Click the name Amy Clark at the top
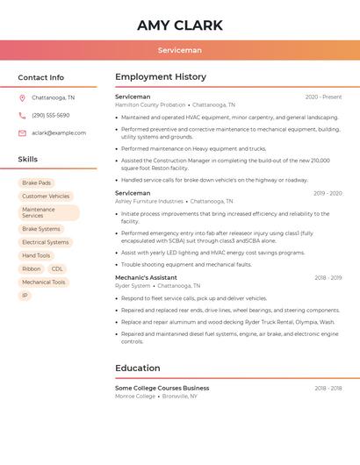[179, 25]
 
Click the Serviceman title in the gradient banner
[179, 50]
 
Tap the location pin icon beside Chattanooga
[22, 98]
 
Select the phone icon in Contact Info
[22, 116]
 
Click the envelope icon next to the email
[22, 133]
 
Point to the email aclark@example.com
[59, 133]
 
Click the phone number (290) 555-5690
[50, 116]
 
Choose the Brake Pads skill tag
[36, 183]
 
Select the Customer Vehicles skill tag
[46, 197]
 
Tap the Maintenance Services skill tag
[48, 212]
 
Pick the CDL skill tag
[57, 268]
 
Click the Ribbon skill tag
[32, 268]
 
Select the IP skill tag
[25, 296]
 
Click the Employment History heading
[160, 77]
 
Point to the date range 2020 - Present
[323, 97]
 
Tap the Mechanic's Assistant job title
[146, 277]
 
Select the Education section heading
[137, 368]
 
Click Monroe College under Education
[134, 396]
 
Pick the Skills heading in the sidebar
[27, 160]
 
